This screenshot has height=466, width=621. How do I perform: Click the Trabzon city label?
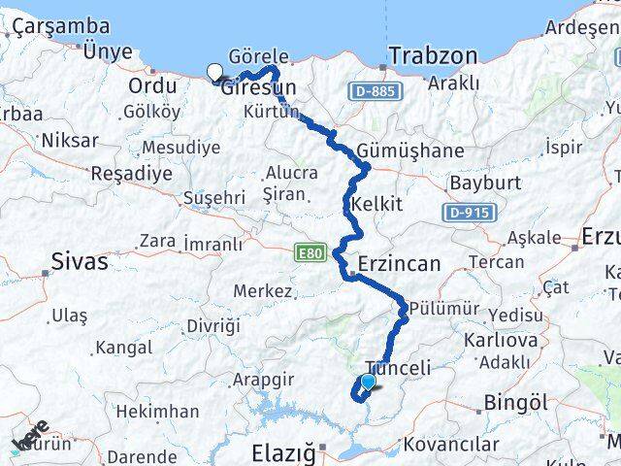coord(433,55)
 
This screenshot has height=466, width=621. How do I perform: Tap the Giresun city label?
coord(258,87)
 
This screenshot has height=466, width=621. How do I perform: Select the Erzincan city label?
coord(399,263)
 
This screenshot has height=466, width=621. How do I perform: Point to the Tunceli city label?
coord(397,368)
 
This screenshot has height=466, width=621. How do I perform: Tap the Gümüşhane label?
coord(409,151)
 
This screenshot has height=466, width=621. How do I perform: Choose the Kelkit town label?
coord(376,204)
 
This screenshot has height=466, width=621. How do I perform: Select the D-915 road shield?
coord(472,212)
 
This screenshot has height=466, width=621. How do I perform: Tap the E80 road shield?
coord(309,251)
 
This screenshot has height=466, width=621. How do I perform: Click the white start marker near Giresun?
coord(214,70)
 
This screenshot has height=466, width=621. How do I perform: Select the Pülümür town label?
coord(445,308)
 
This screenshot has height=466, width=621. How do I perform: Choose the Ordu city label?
coord(153,85)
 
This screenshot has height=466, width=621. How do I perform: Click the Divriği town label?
coord(212,325)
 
